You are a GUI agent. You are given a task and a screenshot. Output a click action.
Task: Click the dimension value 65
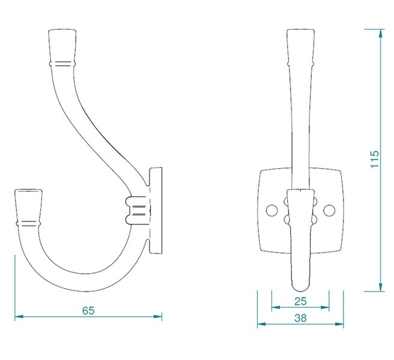pyautogui.click(x=88, y=311)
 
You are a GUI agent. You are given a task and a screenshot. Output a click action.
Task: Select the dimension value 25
pyautogui.click(x=300, y=301)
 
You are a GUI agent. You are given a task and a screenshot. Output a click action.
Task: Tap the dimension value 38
pyautogui.click(x=300, y=318)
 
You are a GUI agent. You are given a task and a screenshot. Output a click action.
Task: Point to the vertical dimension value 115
pyautogui.click(x=374, y=159)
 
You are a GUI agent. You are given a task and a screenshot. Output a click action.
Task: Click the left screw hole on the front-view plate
pyautogui.click(x=271, y=211)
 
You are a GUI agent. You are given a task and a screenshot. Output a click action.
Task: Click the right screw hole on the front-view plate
pyautogui.click(x=329, y=211)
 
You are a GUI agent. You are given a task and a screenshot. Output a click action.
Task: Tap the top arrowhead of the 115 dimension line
pyautogui.click(x=381, y=33)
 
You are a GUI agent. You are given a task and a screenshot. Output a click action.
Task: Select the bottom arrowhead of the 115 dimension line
pyautogui.click(x=381, y=287)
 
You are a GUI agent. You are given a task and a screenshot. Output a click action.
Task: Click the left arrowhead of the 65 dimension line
pyautogui.click(x=19, y=317)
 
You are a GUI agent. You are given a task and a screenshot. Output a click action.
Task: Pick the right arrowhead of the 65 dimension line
pyautogui.click(x=158, y=317)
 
